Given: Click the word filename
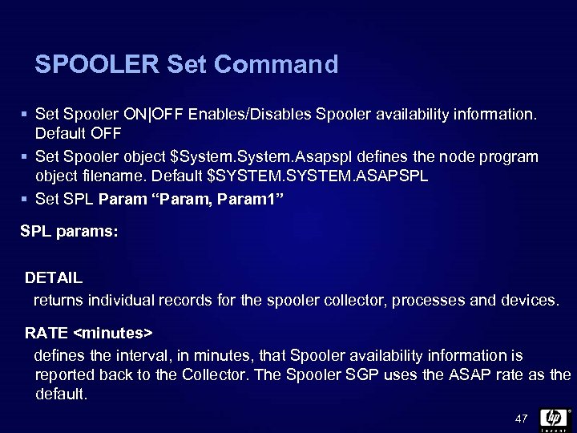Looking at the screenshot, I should pyautogui.click(x=119, y=175).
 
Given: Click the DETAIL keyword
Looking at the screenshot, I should pyautogui.click(x=54, y=278).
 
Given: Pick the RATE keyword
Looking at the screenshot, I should pyautogui.click(x=46, y=331).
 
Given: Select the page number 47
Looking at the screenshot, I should pyautogui.click(x=522, y=419).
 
